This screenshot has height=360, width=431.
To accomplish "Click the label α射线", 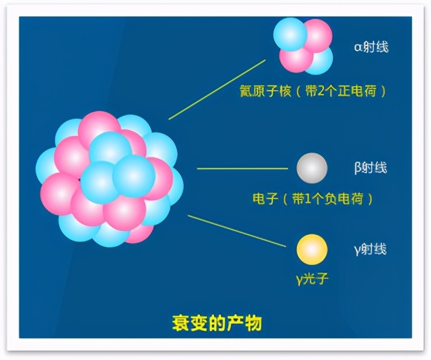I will click(371, 47).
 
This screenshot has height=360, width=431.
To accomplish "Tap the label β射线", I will click(371, 168).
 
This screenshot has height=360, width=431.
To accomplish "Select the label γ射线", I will click(371, 249).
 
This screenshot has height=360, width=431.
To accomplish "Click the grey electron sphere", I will click(312, 168).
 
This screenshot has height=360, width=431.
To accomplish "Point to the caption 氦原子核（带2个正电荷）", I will click(313, 91).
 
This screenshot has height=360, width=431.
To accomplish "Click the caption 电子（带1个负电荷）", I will click(313, 199).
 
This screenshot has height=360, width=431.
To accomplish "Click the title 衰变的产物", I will click(217, 322).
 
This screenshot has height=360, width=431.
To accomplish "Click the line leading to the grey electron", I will click(242, 168).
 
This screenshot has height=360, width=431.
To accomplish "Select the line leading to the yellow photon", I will click(237, 231).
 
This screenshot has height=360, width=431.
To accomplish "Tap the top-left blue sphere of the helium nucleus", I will click(290, 34).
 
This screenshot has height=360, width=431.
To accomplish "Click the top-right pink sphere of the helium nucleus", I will click(317, 35).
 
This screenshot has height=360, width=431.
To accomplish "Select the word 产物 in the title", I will click(246, 322).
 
